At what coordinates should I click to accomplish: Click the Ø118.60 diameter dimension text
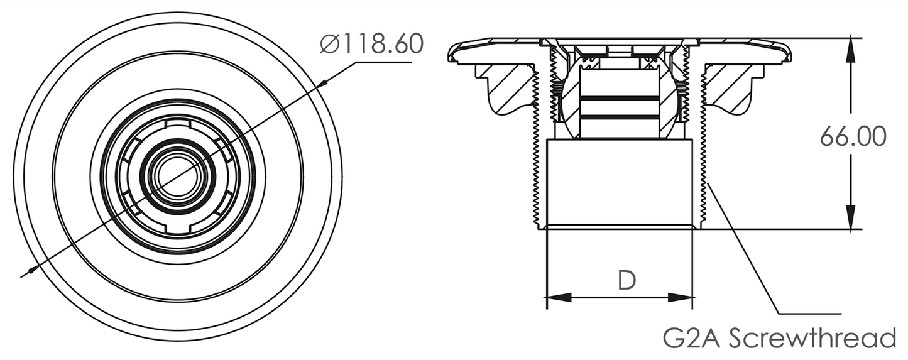372,44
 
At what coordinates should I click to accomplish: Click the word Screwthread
812,338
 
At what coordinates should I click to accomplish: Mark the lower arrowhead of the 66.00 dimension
850,217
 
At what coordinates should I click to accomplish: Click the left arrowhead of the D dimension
559,297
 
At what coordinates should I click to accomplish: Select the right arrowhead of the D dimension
681,297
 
